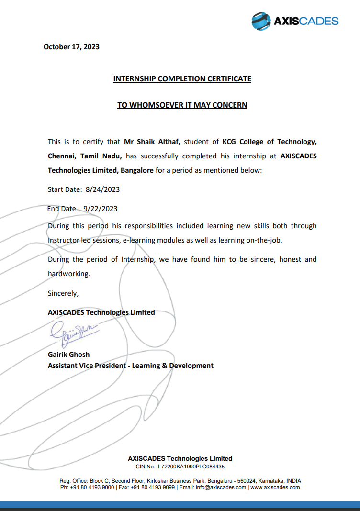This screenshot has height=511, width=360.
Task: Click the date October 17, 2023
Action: (x=71, y=47)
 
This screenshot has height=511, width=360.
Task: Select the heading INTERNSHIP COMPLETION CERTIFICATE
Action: (x=182, y=78)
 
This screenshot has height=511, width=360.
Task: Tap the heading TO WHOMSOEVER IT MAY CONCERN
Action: (x=182, y=105)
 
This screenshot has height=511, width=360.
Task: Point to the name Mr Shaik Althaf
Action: (x=152, y=142)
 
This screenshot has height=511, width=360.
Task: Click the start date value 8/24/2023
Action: (x=102, y=189)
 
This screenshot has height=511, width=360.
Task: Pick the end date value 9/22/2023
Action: (x=100, y=208)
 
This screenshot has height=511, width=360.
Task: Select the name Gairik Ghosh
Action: (x=68, y=355)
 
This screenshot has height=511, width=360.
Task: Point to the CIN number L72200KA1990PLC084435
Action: (x=191, y=466)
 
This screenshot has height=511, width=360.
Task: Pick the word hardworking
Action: (x=68, y=274)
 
